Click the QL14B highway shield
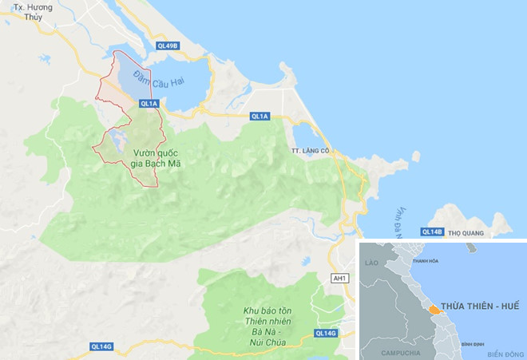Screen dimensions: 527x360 point(431,231)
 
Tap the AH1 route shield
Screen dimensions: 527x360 point(339,278)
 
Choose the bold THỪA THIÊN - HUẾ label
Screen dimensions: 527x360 point(477,306)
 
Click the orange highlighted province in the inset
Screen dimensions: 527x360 point(432,309)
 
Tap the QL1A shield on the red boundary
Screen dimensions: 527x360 point(149,103)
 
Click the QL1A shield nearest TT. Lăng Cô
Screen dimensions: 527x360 point(260,117)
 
